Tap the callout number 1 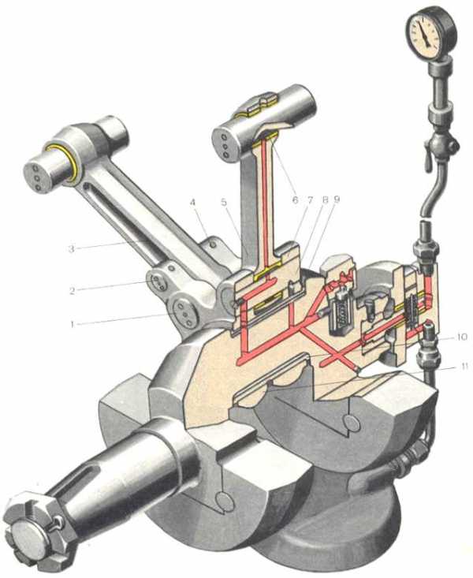73,324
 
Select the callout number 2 73,291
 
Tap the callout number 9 336,200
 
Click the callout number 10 460,337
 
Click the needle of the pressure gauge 425,34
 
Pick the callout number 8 325,200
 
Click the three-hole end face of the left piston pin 36,177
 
